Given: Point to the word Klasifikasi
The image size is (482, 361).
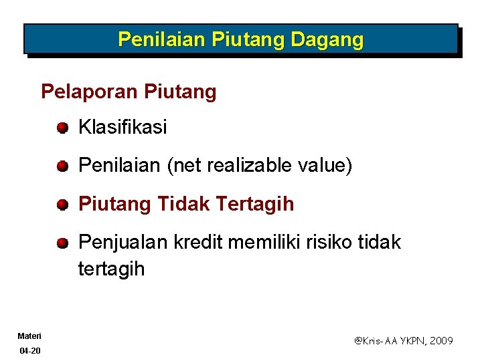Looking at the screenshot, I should click(123, 127).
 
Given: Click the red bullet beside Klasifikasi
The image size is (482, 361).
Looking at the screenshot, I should click(62, 127).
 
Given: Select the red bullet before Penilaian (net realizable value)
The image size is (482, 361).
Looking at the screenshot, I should click(62, 166).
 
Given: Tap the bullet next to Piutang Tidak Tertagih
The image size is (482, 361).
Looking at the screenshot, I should click(62, 205).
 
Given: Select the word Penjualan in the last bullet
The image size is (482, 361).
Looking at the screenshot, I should click(123, 243).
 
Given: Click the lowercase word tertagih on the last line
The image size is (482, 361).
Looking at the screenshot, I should click(111, 269).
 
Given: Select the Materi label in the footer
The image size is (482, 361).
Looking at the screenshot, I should click(29, 336).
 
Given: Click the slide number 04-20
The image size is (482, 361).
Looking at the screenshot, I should click(29, 350).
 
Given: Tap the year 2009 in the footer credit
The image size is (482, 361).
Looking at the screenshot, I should click(440, 341).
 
